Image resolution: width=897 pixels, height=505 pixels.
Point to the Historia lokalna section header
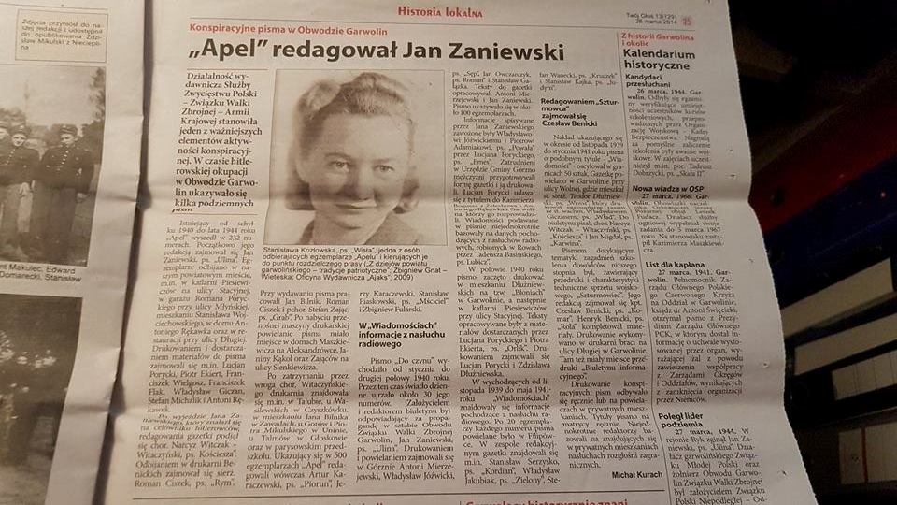[439, 12]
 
